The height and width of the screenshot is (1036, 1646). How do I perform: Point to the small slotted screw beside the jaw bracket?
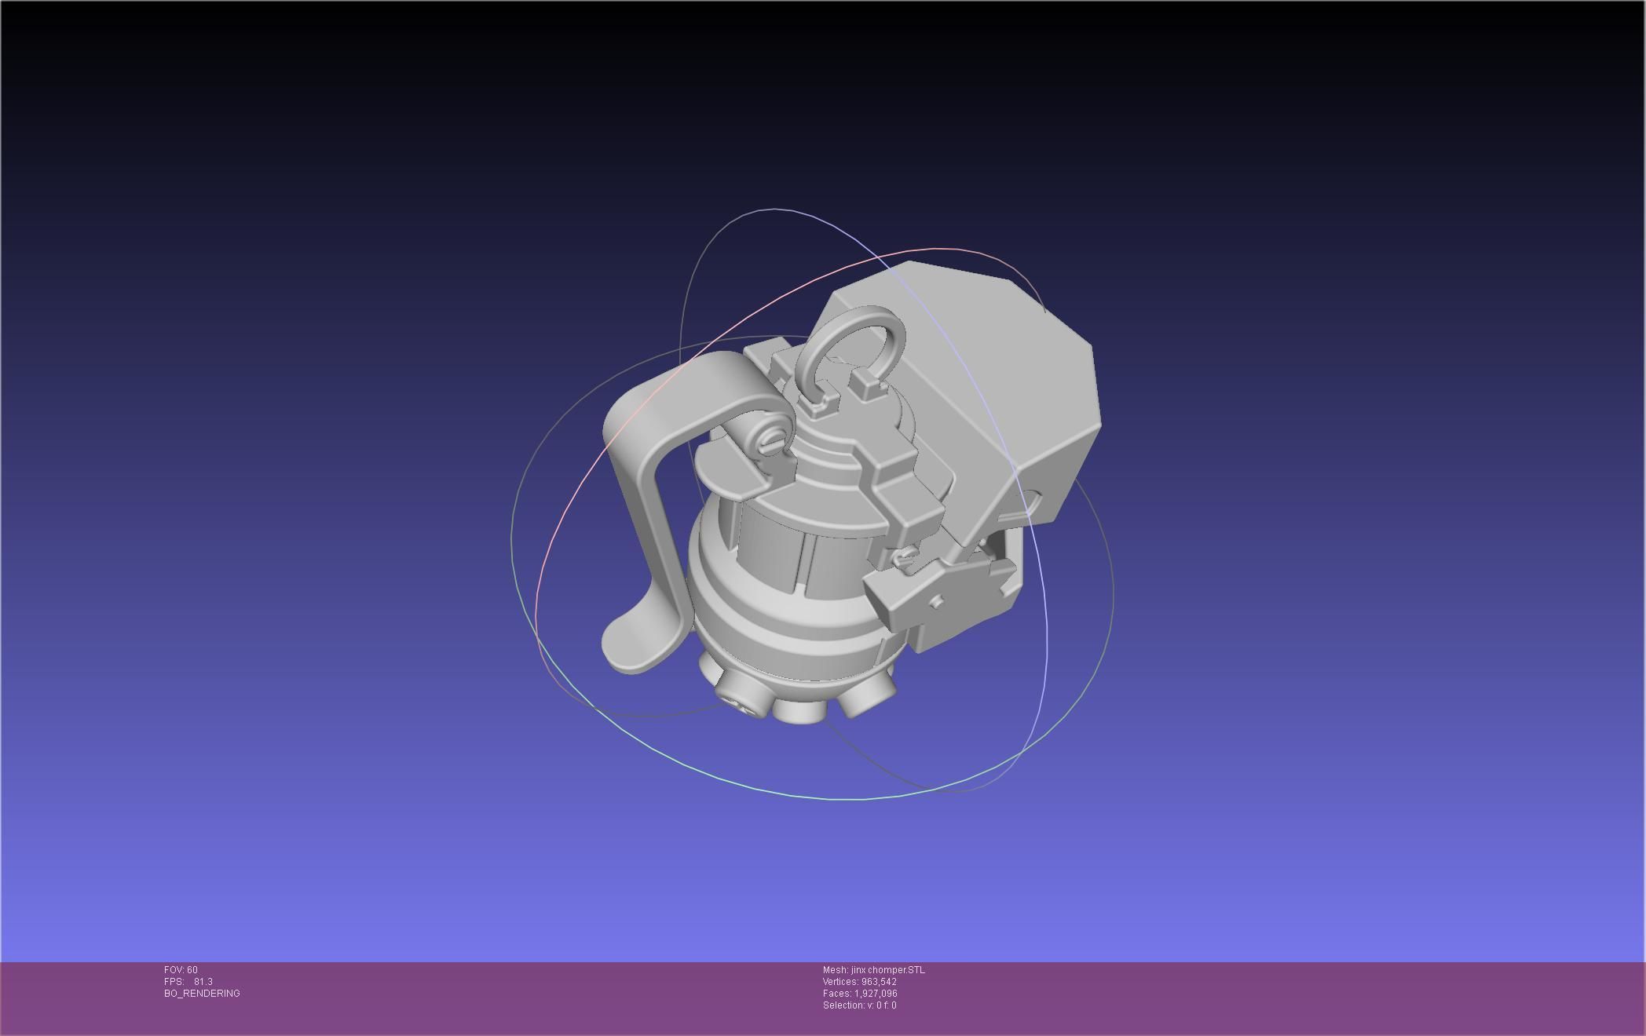pyautogui.click(x=904, y=558)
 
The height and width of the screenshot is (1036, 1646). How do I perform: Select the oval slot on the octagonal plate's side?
pyautogui.click(x=1031, y=503)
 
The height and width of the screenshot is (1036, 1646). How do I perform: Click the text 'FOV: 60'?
pyautogui.click(x=181, y=970)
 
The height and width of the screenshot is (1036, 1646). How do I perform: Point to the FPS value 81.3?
pyautogui.click(x=203, y=982)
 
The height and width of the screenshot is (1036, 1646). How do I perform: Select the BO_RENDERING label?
pyautogui.click(x=202, y=994)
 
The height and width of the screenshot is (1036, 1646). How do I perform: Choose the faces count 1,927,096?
pyautogui.click(x=875, y=994)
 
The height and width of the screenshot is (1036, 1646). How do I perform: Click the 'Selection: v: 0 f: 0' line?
pyautogui.click(x=859, y=1005)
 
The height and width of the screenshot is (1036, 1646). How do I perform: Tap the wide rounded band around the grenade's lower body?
pyautogui.click(x=793, y=632)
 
